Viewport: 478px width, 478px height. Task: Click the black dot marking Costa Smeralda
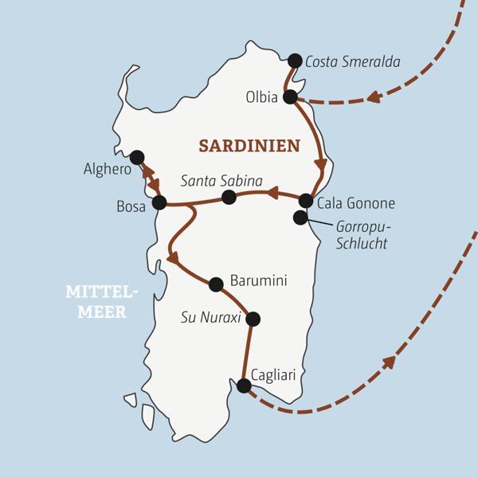295,61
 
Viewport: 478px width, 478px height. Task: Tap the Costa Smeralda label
352,61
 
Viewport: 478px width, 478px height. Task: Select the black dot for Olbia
290,97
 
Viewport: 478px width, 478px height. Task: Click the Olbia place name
262,98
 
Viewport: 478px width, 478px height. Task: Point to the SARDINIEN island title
249,146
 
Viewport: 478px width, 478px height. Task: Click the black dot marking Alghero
137,157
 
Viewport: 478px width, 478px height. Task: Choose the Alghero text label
105,169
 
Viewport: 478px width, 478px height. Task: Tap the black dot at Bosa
159,202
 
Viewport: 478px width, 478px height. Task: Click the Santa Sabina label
221,181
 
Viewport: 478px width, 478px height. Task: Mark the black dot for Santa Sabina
229,197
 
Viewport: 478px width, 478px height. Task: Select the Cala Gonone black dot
306,201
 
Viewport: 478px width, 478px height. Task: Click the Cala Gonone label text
355,203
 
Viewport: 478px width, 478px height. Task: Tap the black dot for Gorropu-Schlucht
300,217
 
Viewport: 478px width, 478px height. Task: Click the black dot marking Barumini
215,284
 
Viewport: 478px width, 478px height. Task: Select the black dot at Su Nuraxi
253,319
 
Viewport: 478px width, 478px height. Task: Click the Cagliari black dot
244,386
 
